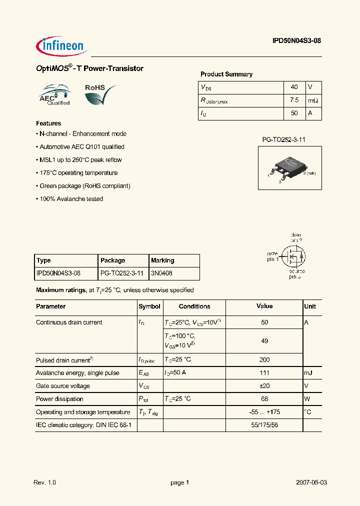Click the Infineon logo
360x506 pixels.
tap(62, 46)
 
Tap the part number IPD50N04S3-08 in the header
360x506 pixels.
tap(293, 42)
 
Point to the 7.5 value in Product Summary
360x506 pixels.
tap(294, 100)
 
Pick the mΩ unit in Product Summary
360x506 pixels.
tap(313, 100)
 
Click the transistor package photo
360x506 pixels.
tap(289, 168)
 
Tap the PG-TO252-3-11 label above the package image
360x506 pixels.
tap(283, 140)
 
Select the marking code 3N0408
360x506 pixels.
tap(161, 273)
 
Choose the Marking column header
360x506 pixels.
tap(162, 260)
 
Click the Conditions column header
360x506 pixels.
tap(194, 306)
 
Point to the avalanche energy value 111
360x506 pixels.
tap(264, 372)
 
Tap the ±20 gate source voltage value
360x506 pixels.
tap(264, 386)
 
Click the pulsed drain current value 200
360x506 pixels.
tap(264, 359)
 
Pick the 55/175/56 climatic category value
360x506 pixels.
tap(264, 425)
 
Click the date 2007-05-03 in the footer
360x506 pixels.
tap(311, 482)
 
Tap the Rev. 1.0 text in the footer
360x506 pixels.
tap(44, 482)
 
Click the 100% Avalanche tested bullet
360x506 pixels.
tap(70, 199)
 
